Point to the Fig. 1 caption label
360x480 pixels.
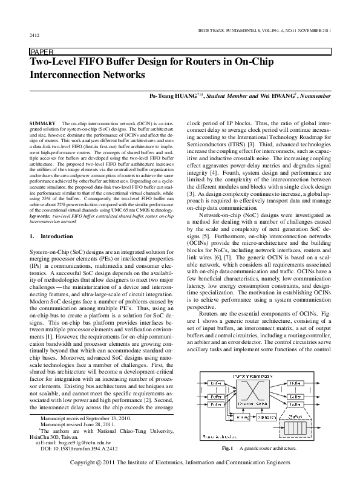pos(228,449)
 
